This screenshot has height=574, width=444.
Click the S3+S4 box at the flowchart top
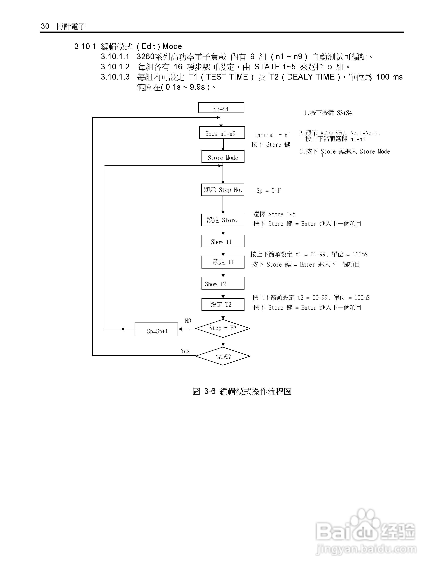(x=221, y=108)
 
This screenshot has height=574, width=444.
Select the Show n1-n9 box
(x=222, y=133)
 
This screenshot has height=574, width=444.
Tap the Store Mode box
(x=223, y=157)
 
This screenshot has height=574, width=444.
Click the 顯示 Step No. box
(x=223, y=190)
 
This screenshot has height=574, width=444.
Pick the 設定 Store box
(x=223, y=220)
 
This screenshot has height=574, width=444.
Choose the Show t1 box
(x=223, y=241)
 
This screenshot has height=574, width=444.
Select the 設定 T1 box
(x=223, y=262)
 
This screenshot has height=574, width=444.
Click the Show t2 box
(x=223, y=283)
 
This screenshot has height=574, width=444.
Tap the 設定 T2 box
(x=223, y=304)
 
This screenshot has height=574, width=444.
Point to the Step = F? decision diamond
(x=223, y=328)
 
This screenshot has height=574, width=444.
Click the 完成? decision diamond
(x=223, y=356)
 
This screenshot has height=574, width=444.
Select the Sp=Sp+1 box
(x=156, y=330)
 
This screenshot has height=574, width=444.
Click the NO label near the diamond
(x=188, y=321)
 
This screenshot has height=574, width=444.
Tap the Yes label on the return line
(x=185, y=351)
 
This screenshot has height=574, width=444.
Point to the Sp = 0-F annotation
(x=268, y=191)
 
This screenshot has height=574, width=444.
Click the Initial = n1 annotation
(x=272, y=135)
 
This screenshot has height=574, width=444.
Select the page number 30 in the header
(x=45, y=26)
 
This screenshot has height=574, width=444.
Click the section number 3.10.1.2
(x=115, y=67)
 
